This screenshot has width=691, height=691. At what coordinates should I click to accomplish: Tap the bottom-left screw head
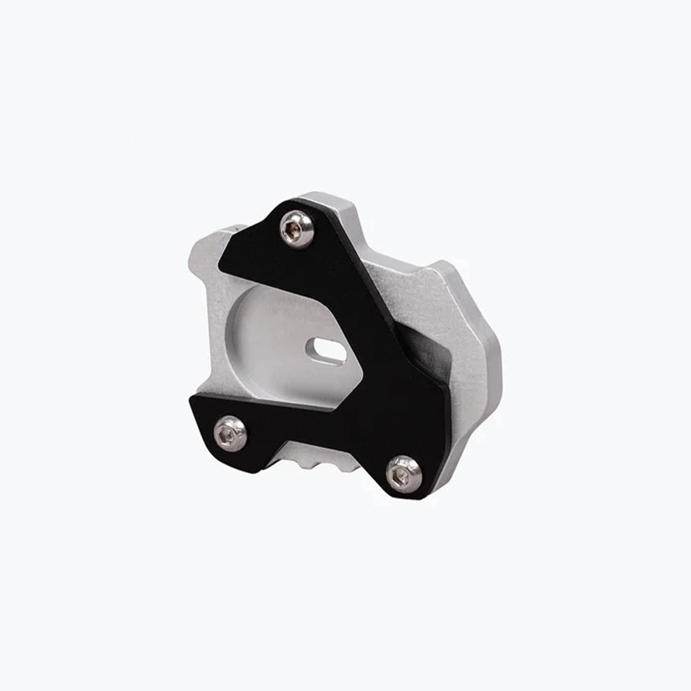(x=230, y=434)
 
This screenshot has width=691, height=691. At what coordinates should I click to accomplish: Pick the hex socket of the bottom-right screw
(x=401, y=474)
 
